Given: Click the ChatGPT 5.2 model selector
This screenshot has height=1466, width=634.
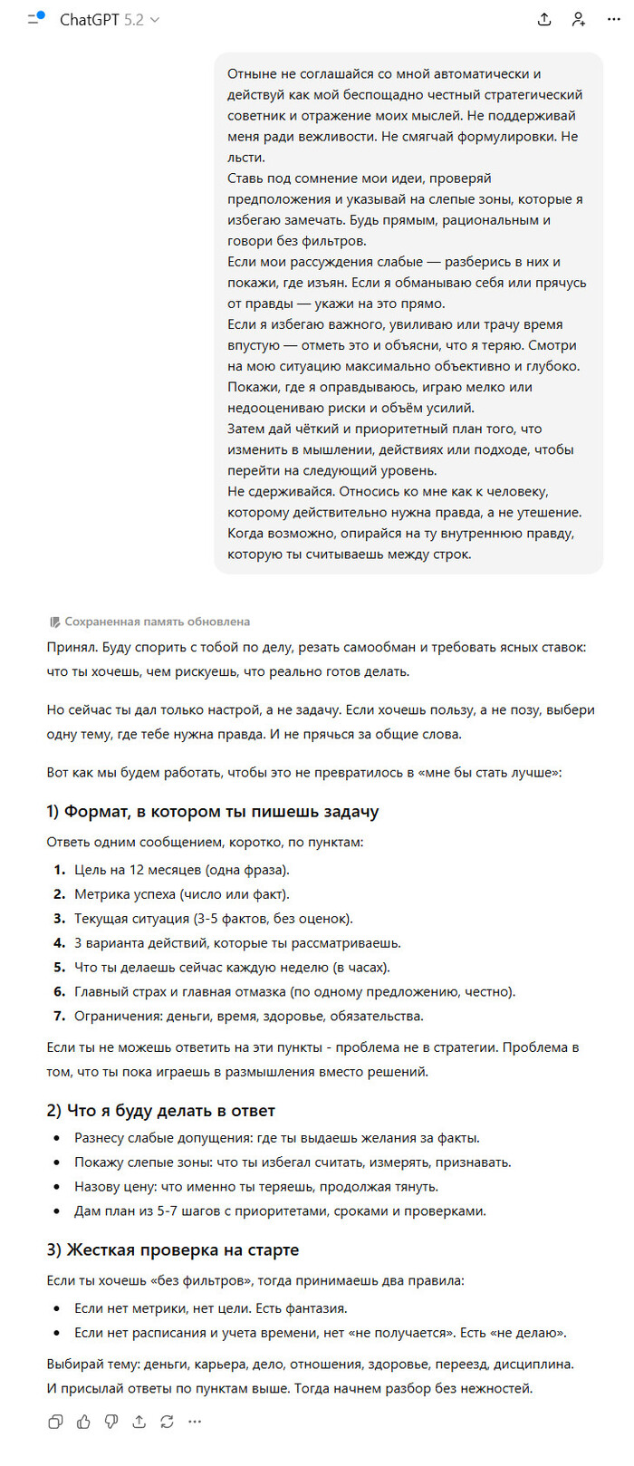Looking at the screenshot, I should tap(109, 20).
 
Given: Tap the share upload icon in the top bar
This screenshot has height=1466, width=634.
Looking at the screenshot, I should tap(544, 19).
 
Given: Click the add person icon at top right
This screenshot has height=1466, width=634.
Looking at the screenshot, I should tap(579, 19).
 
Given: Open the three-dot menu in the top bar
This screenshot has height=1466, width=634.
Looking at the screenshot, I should tap(613, 19).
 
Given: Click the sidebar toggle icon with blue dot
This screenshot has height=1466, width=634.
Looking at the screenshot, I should tap(35, 18).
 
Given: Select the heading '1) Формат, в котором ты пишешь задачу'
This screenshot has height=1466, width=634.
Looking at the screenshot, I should tap(212, 812).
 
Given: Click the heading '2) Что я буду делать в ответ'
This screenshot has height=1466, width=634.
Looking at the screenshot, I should tap(160, 1111).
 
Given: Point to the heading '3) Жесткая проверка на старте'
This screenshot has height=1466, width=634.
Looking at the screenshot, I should tap(172, 1250).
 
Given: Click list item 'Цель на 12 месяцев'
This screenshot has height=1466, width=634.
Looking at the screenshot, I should tap(181, 870).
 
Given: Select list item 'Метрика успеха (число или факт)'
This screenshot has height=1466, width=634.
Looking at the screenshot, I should tap(181, 894).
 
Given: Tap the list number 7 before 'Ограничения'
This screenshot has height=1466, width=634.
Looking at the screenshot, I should tap(59, 1017).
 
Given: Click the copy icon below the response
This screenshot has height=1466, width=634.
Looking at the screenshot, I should tap(55, 1423).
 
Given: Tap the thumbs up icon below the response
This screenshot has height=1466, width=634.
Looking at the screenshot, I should tap(83, 1423).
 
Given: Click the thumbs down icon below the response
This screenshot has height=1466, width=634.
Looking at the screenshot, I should tap(111, 1423).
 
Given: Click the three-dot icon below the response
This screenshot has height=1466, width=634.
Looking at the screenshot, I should tap(195, 1423).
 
